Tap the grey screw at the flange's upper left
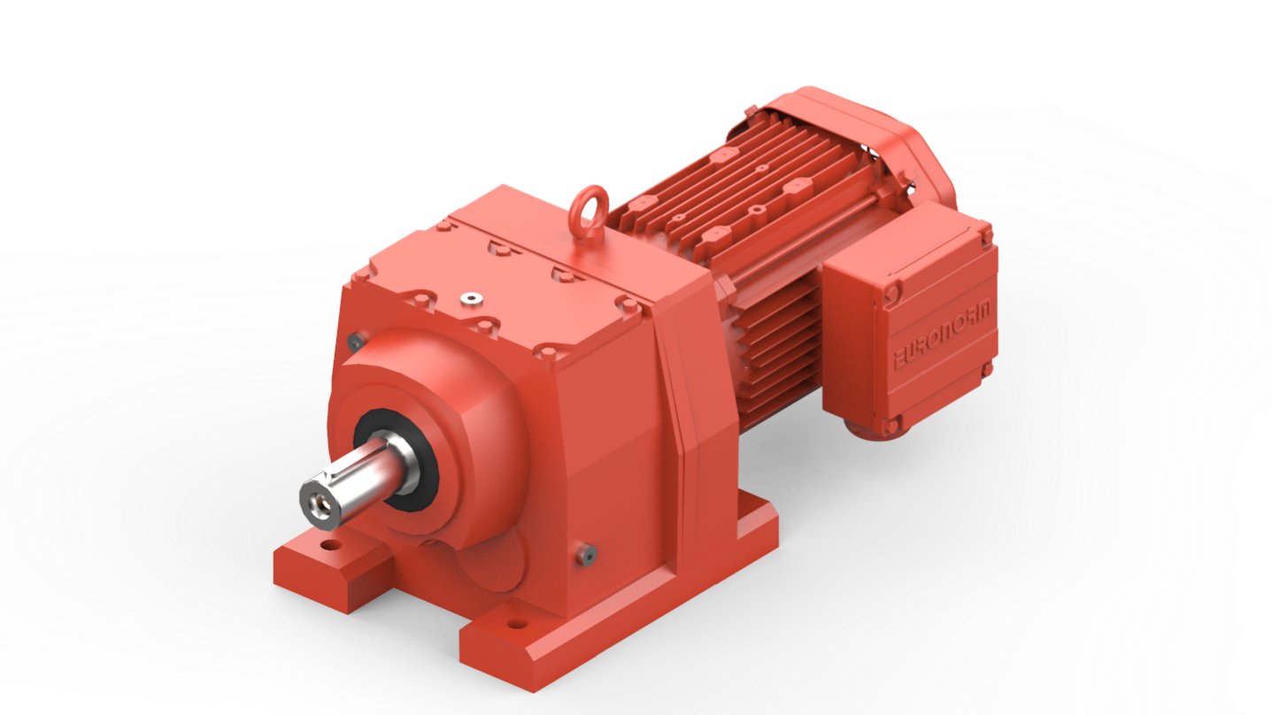point(355,341)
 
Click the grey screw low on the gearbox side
point(588,552)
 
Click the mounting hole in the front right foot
point(514,626)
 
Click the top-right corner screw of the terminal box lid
point(986,234)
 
